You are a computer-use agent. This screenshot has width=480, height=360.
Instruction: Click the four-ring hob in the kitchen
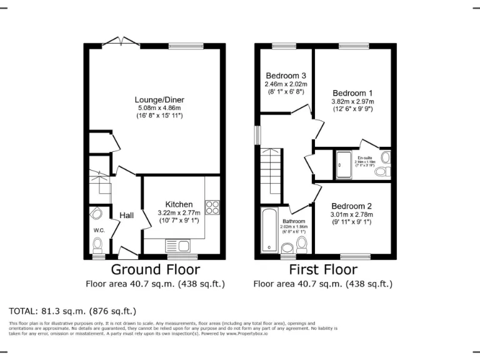pos(212,207)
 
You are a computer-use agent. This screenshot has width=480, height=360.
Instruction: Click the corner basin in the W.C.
pos(96,214)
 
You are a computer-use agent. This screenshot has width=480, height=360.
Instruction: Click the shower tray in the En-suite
pos(343,164)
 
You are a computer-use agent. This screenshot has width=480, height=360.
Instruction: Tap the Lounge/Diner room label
pos(159,99)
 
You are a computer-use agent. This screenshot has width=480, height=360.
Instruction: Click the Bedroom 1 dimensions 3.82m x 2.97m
pos(352,101)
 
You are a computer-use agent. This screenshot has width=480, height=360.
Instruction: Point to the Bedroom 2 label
pos(351,206)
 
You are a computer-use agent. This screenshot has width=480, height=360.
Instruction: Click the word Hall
pos(127,216)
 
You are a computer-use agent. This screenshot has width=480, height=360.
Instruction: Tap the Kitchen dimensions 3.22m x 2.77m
pos(179,213)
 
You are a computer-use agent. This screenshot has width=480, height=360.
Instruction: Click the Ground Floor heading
pos(155,270)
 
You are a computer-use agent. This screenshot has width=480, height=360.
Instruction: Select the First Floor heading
pos(322,270)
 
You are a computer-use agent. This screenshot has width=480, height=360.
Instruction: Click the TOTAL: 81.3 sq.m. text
pos(72,311)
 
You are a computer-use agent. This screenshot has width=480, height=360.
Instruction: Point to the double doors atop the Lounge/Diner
pos(121,42)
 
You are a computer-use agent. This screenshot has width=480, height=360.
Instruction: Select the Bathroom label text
pos(293,221)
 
